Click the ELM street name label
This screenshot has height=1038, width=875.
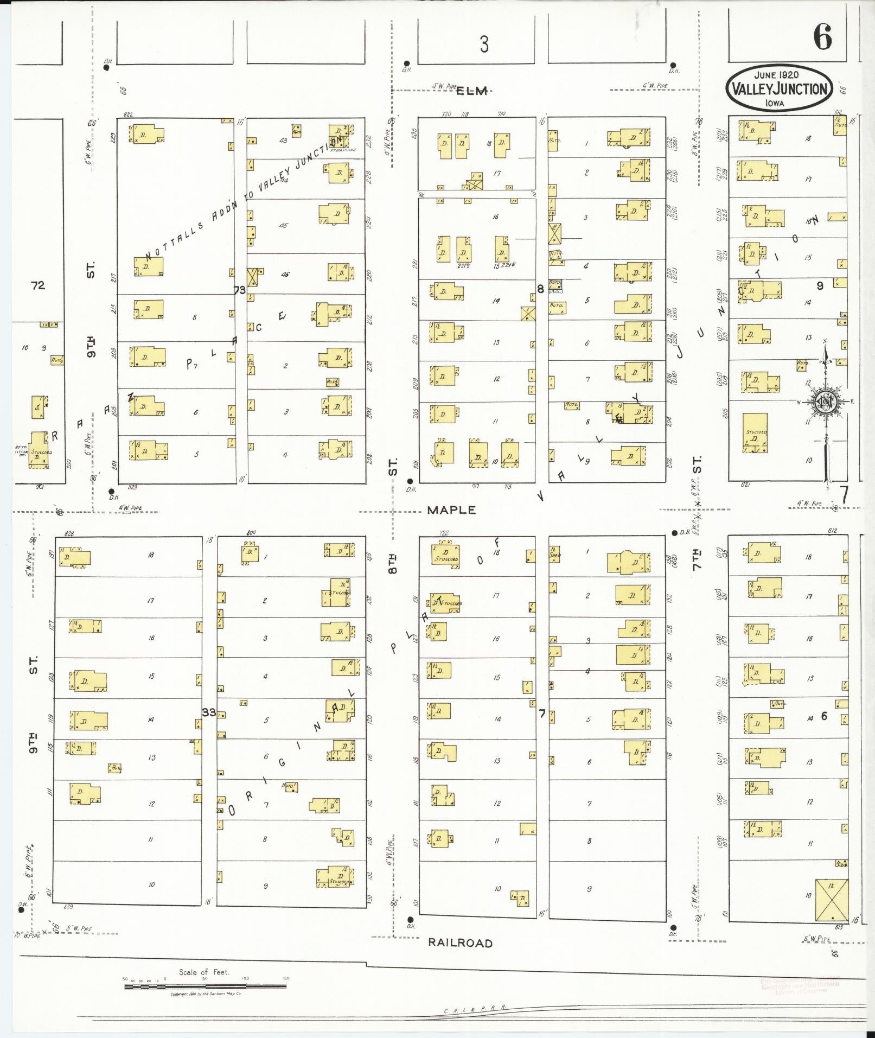pos(471,91)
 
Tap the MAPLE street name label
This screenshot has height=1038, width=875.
pos(451,510)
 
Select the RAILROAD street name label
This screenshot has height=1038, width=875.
pos(460,943)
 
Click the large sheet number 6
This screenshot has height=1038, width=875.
pos(822,39)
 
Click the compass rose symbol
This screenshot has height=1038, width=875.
pos(826,402)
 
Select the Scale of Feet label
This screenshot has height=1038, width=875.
pos(204,972)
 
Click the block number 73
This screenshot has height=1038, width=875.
pos(239,290)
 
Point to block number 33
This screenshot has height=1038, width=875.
pos(209,712)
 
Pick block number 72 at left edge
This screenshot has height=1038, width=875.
pos(38,285)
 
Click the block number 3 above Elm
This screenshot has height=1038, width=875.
pos(484,44)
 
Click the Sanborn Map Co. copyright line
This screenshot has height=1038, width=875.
pos(206,995)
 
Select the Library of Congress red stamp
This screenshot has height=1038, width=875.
pos(801,986)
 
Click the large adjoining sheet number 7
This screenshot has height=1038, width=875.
pos(844,494)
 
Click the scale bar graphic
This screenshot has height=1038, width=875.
pos(206,986)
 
